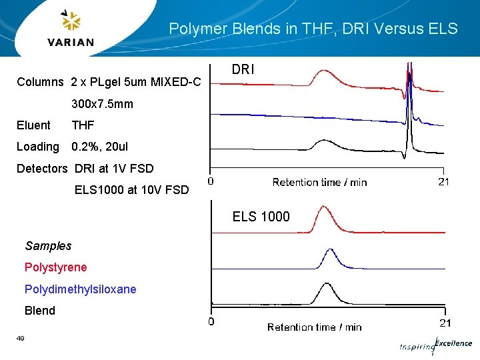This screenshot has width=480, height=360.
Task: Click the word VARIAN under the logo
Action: coord(71,42)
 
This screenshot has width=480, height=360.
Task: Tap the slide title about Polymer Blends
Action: coord(313,29)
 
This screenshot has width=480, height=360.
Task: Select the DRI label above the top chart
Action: coord(243,69)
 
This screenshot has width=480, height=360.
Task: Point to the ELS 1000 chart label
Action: coord(261,216)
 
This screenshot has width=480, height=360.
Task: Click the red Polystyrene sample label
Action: coord(55,267)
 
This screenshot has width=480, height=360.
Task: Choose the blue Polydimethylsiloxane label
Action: coord(80,289)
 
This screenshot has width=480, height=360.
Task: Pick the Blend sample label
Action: coord(40,310)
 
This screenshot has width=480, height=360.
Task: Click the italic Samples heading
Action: coord(48,246)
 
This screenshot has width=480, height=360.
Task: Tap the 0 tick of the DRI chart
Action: coord(211,181)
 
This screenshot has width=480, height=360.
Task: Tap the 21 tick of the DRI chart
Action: coord(443,181)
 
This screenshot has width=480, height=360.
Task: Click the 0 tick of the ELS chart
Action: coord(211,323)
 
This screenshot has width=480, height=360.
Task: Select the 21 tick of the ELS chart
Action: coord(445,323)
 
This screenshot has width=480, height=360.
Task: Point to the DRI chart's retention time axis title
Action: coord(319,182)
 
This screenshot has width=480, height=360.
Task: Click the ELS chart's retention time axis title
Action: coord(314,327)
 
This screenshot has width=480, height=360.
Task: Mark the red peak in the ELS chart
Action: coord(325,209)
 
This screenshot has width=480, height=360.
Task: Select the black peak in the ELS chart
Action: coord(327,285)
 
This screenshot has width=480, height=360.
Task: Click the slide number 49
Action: coord(21,339)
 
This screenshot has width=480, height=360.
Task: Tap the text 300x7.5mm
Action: coord(102,104)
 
